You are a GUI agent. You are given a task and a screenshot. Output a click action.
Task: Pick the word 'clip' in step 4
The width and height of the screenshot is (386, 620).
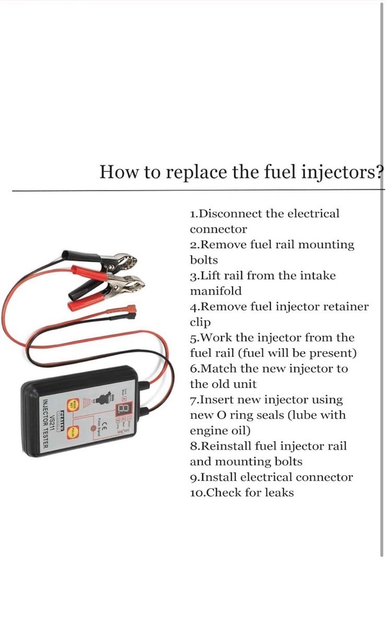[x=200, y=322]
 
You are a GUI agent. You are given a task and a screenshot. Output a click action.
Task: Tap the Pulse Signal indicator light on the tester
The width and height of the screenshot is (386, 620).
[x=100, y=433]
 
